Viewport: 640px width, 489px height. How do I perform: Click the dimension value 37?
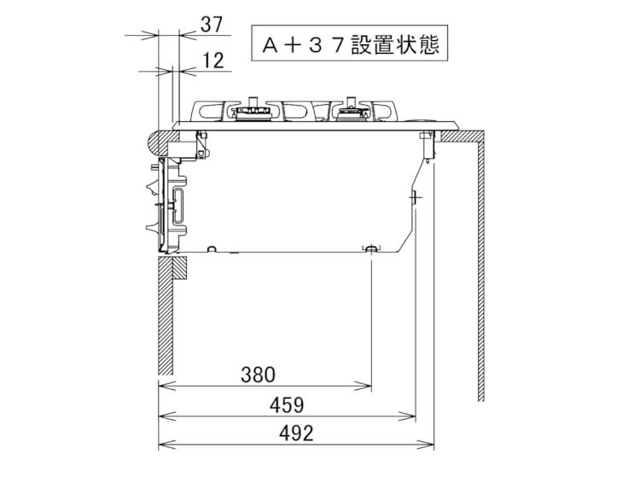coord(212,25)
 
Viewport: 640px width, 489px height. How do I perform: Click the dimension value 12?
coord(213,61)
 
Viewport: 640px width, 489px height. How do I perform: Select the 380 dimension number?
coord(258,375)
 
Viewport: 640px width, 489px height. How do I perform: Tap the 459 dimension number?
coord(287,405)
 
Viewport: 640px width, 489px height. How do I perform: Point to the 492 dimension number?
coord(296,433)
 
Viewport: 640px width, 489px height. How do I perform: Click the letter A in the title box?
coord(271,45)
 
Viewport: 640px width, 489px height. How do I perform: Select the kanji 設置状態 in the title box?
coord(395,44)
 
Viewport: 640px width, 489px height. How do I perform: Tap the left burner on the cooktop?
coord(253,111)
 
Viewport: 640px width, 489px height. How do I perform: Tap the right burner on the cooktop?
coord(352,110)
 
